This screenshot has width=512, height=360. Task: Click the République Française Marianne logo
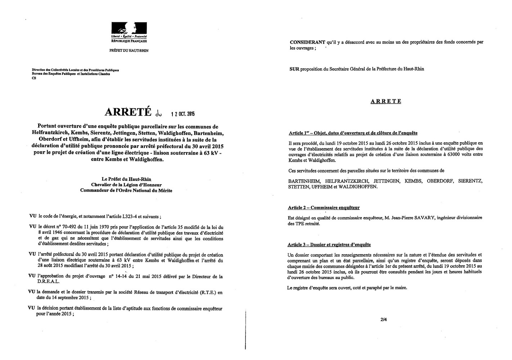129,29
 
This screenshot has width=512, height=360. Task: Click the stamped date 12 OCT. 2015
183,114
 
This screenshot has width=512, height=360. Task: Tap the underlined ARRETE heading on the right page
386,102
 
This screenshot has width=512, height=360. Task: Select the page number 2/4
383,319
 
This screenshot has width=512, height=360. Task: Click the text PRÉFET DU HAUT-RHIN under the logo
129,51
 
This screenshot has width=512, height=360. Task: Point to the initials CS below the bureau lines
34,78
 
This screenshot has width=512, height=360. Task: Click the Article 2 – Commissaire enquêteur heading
324,208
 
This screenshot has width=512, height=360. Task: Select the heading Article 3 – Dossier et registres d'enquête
329,245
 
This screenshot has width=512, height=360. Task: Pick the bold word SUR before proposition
294,69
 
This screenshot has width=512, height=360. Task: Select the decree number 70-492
64,227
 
